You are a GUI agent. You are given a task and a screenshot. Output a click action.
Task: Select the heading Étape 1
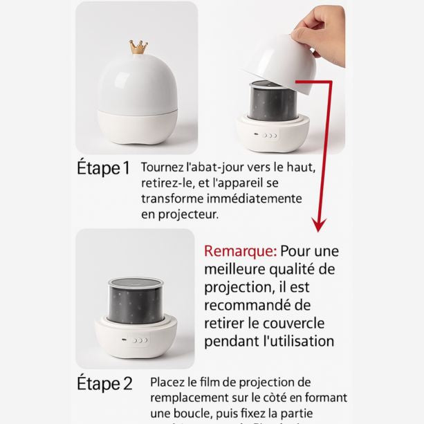coord(103,169)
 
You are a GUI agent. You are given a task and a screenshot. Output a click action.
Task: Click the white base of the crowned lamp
coord(136,125)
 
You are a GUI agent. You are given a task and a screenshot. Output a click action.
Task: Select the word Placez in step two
coord(169,382)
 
